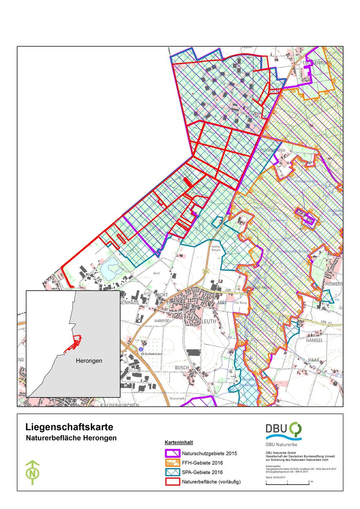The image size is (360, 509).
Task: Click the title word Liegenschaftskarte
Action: pyautogui.click(x=69, y=427)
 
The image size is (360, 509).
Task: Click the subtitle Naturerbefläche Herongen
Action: pyautogui.click(x=71, y=438)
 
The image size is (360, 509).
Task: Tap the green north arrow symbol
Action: pyautogui.click(x=33, y=472)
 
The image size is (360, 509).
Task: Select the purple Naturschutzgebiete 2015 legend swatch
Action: pyautogui.click(x=172, y=453)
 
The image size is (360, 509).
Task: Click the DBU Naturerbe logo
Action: pyautogui.click(x=284, y=432)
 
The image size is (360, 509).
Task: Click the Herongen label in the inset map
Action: pyautogui.click(x=89, y=360)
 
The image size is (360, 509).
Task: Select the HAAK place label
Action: pyautogui.click(x=313, y=360)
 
